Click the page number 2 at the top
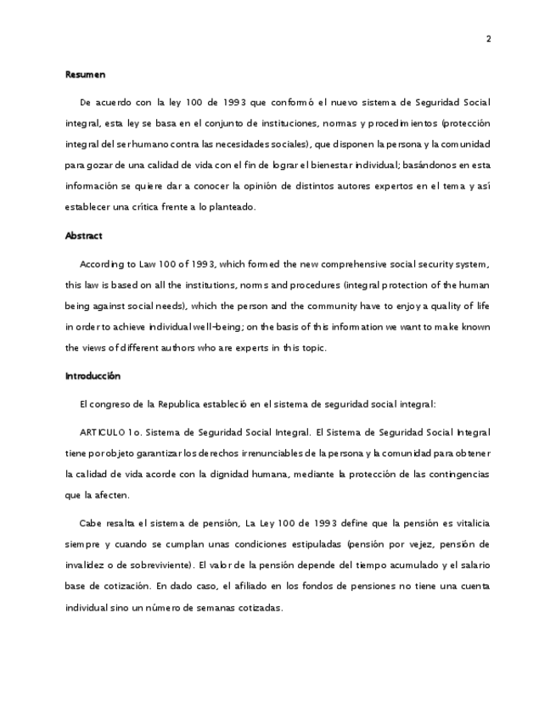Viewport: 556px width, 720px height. [x=488, y=39]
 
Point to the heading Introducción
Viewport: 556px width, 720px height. [x=93, y=375]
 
